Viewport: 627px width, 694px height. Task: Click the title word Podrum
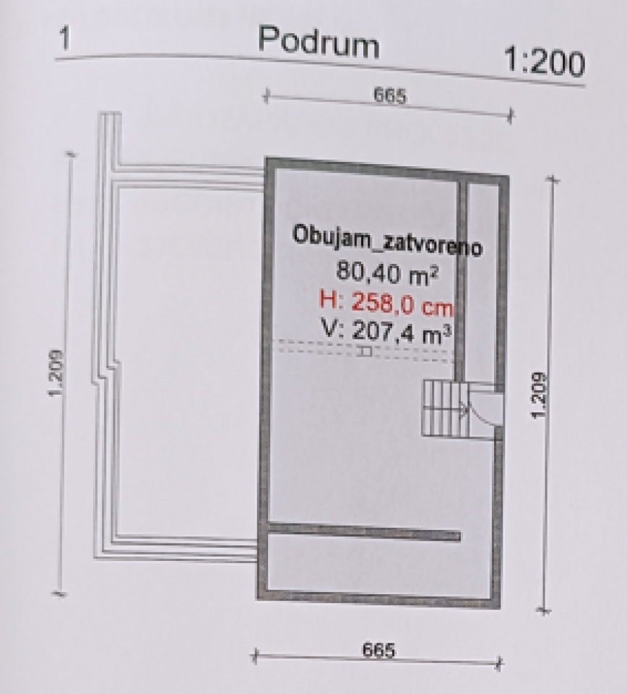319,43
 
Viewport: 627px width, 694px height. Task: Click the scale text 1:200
544,63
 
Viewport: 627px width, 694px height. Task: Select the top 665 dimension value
390,96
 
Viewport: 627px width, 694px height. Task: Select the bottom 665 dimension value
379,650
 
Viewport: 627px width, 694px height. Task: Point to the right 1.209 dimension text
539,395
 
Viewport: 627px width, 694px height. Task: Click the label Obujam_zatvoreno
387,241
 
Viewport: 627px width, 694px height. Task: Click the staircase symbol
444,409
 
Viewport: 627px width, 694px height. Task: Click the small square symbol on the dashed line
366,352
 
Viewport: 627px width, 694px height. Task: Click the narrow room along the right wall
482,282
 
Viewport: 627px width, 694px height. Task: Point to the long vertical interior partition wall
459,282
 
